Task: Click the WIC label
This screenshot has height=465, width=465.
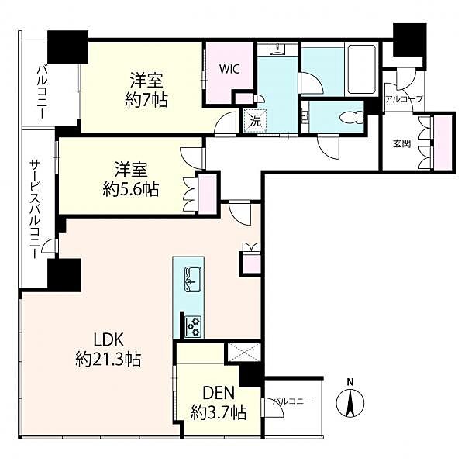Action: click(229, 70)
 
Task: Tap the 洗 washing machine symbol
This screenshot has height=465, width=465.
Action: click(255, 121)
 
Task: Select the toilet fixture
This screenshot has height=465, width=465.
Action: click(352, 117)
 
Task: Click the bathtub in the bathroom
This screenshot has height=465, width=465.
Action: click(361, 70)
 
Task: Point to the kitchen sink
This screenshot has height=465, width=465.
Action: click(193, 279)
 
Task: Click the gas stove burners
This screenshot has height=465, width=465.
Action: click(193, 326)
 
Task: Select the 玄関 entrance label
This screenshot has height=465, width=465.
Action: click(401, 144)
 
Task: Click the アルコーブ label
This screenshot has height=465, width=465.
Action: click(403, 99)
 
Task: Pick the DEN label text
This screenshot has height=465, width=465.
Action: click(219, 393)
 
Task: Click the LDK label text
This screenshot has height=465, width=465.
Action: click(108, 340)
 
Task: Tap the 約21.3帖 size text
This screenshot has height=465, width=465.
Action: click(108, 360)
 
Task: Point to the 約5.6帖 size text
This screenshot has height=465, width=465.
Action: click(131, 189)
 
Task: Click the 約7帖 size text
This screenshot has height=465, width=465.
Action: click(146, 100)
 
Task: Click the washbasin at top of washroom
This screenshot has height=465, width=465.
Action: click(277, 50)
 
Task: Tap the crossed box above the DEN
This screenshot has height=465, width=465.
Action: click(244, 353)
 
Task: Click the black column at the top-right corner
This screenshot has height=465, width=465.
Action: click(410, 40)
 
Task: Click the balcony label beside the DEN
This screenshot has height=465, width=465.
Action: click(292, 401)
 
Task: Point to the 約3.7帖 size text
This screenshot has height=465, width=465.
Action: click(219, 412)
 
